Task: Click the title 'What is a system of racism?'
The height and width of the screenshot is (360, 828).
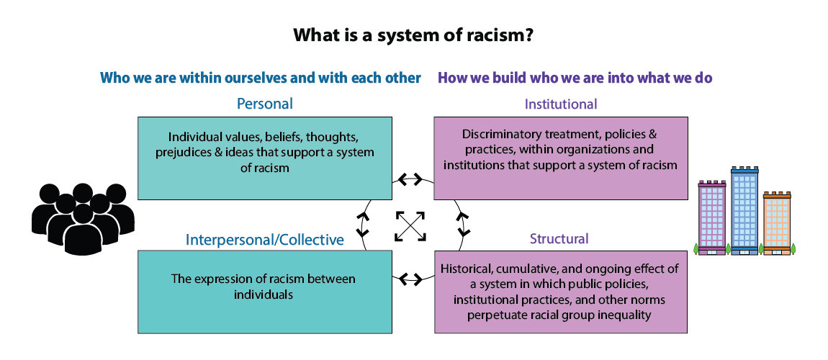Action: point(413,35)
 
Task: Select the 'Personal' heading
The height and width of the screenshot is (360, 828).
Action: point(265,104)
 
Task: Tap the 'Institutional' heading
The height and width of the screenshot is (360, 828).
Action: point(561,104)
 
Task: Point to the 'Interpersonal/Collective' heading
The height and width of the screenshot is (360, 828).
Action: point(265,239)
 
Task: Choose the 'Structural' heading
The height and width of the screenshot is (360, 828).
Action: point(559,238)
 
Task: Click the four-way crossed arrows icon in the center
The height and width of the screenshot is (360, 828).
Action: point(410,225)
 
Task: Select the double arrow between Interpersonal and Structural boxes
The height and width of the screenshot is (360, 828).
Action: point(411,279)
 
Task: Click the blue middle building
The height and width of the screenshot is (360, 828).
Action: point(744,210)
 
